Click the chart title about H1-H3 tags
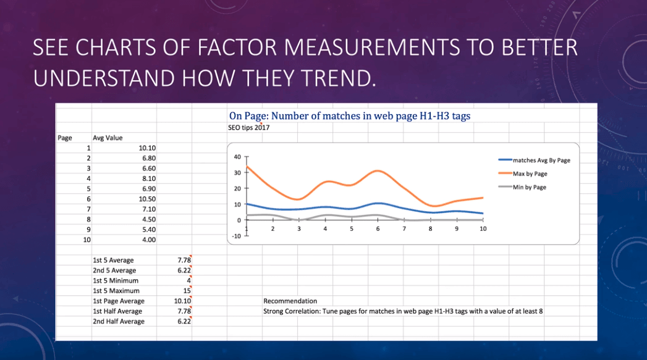[350, 115]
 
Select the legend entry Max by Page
[530, 174]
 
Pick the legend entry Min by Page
[529, 187]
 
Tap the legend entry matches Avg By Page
[541, 161]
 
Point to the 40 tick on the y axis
[238, 157]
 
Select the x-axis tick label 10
[483, 228]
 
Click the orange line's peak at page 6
[378, 171]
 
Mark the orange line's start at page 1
[247, 167]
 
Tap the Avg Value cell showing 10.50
[146, 199]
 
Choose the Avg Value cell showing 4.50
[146, 219]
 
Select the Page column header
[65, 138]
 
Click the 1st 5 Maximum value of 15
[187, 291]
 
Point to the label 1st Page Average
[119, 301]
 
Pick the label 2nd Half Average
[118, 322]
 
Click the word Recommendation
[290, 301]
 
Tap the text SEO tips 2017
[249, 128]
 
